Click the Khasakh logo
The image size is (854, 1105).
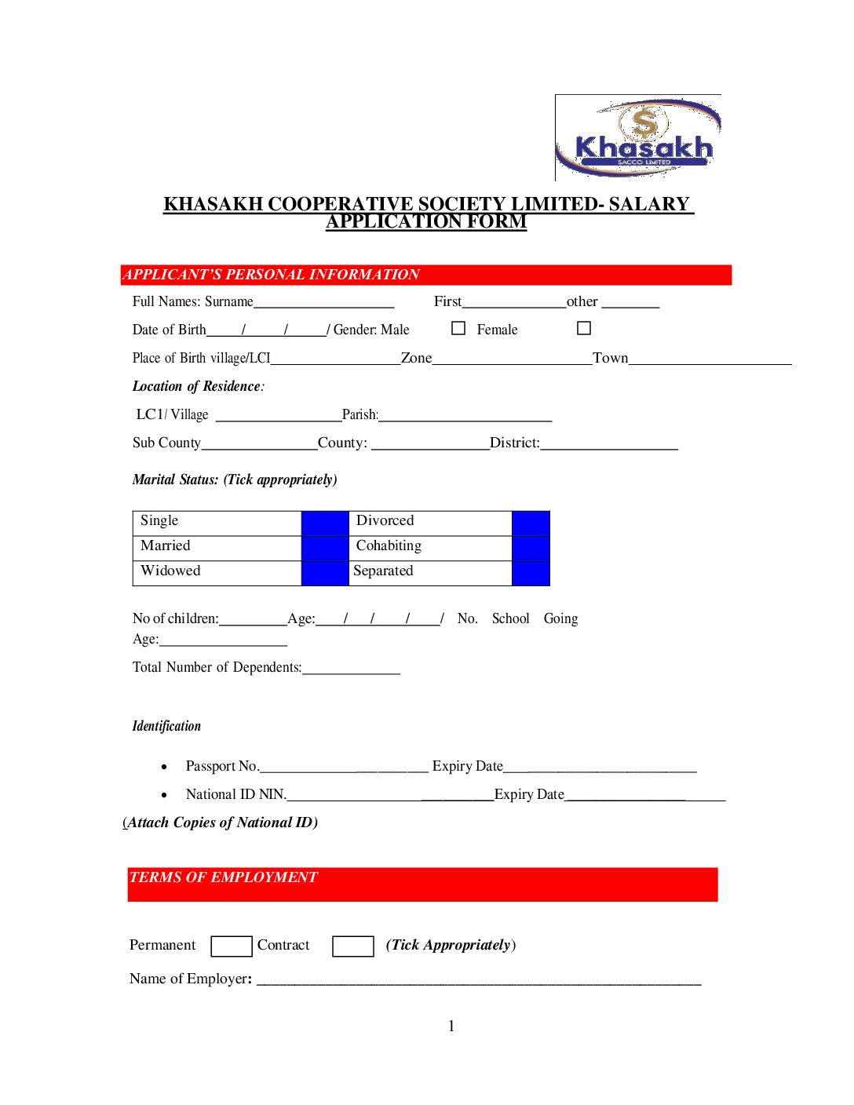pos(637,138)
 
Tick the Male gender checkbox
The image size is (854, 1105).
pos(458,328)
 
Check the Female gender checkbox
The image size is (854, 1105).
pos(584,328)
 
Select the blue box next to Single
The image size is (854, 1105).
pos(325,523)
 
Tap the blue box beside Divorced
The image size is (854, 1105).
pos(531,523)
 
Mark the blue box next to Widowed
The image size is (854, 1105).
pos(325,573)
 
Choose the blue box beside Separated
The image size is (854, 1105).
pos(531,573)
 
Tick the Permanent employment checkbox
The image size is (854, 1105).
pos(232,946)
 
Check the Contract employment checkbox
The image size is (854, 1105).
pos(352,946)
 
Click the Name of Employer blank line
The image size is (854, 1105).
pos(479,982)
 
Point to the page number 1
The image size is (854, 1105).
pos(451,1026)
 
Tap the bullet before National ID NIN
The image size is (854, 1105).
pos(164,795)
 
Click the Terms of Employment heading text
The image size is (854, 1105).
pos(224,877)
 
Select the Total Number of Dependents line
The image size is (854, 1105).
pos(351,671)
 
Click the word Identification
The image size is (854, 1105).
pos(166,726)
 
